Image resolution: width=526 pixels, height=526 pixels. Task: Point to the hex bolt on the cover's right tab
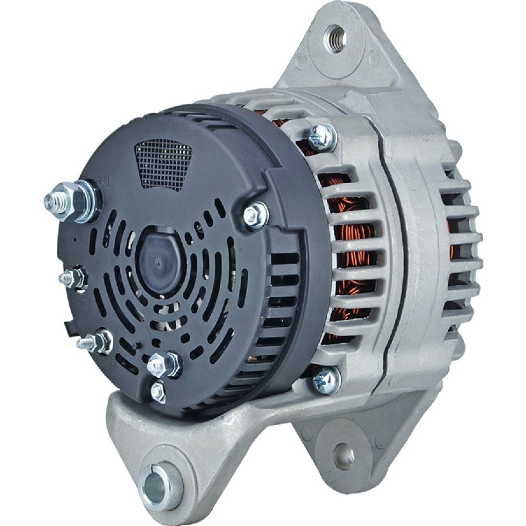(x=255, y=214)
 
